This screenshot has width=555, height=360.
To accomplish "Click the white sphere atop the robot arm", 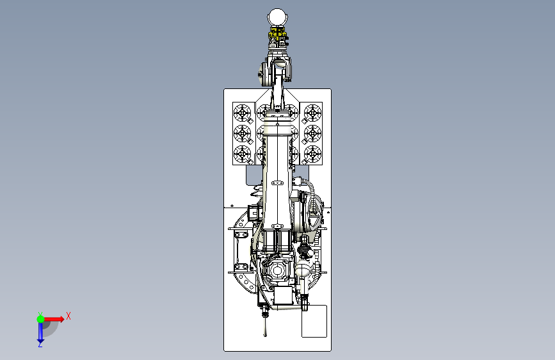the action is tap(277, 17).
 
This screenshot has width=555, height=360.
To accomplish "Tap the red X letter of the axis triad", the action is tap(68, 316).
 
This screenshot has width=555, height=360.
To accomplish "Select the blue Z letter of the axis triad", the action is tap(40, 344).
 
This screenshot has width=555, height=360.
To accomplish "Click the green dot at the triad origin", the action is tap(40, 319).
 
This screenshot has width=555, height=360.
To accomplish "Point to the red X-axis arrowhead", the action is tap(61, 319).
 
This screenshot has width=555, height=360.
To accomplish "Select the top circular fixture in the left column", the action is tap(243, 113).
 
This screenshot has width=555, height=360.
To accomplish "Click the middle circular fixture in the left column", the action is tap(243, 134).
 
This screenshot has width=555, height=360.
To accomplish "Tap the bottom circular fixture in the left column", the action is tap(243, 154).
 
